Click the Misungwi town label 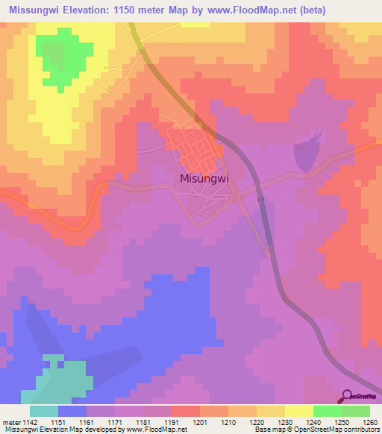pos(204,178)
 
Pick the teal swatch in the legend pos(43,411)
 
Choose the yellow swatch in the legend pos(298,411)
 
